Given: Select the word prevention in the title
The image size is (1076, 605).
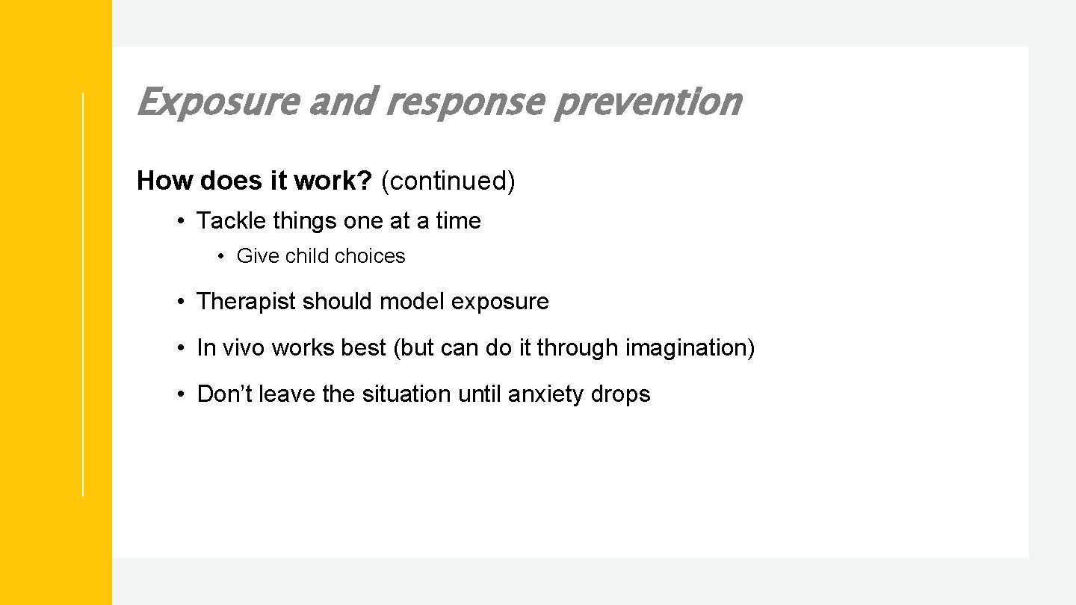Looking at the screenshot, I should point(646,102).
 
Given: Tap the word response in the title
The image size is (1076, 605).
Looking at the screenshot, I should point(466,102).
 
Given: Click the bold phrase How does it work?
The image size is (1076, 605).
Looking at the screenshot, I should point(254,181).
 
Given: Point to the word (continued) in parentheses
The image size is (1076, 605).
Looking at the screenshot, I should point(448,181).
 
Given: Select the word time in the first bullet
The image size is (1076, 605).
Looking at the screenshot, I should point(458,221).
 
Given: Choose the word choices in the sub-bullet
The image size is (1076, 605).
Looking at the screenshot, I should point(370,256).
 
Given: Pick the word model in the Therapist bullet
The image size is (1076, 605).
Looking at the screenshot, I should point(412,302).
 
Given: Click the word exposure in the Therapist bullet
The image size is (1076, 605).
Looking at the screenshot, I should point(500,302).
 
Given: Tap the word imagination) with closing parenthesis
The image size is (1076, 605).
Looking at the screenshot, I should point(690,348).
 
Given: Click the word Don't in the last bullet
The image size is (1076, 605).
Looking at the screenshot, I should point(224,394).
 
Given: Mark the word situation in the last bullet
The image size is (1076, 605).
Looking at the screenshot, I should point(407,394).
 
